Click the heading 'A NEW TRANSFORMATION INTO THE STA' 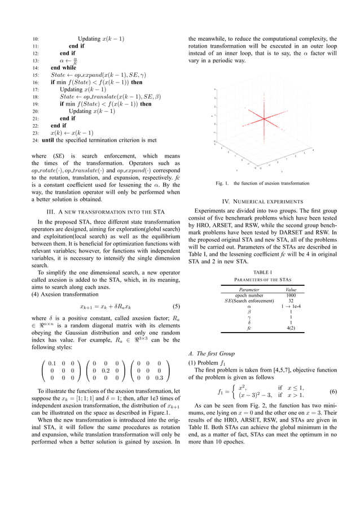pos(100,212)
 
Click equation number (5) pos(175,307)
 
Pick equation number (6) pos(333,391)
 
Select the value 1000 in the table pos(291,295)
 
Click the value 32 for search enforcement pos(291,300)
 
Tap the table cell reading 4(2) pos(291,329)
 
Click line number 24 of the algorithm pos(35,140)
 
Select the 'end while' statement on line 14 pos(63,67)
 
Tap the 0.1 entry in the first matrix pos(52,364)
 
